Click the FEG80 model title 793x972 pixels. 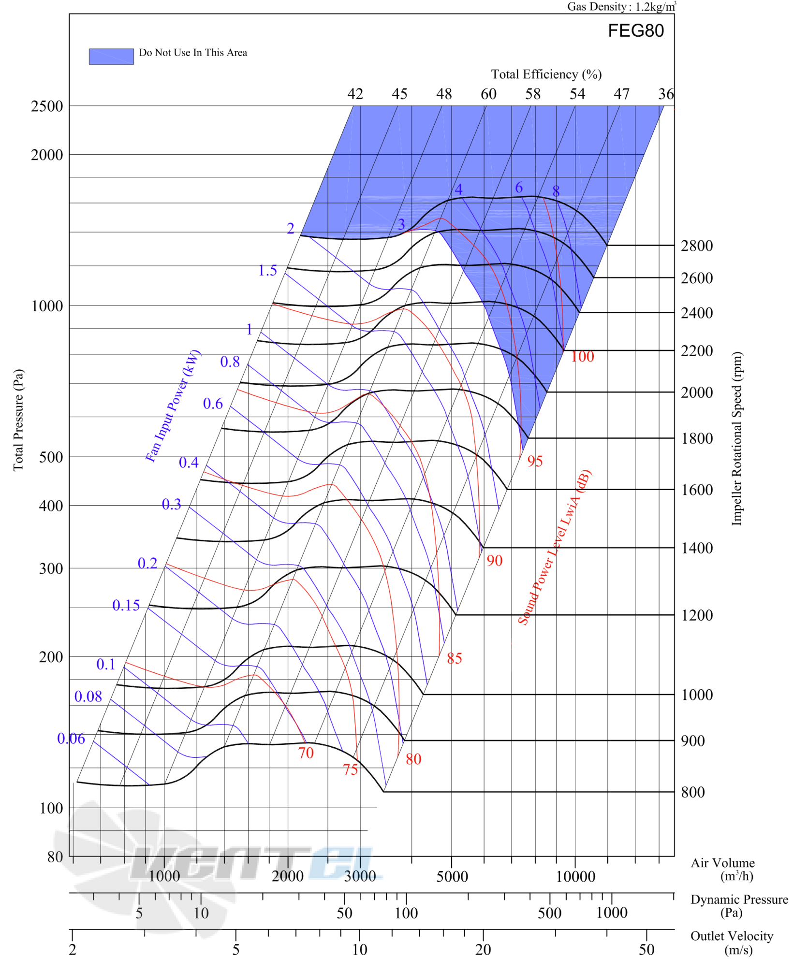click(635, 30)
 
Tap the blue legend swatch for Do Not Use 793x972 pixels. click(111, 56)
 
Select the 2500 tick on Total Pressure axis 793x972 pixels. click(47, 106)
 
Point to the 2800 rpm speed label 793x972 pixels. click(697, 246)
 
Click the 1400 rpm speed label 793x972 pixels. click(697, 548)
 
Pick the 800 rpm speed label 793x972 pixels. click(693, 792)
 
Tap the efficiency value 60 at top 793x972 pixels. click(488, 94)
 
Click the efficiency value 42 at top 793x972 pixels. click(355, 94)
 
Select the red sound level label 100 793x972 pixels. click(582, 357)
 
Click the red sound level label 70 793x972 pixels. click(306, 753)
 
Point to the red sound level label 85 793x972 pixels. click(455, 658)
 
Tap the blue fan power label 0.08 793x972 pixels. click(88, 696)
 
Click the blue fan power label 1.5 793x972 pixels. click(267, 270)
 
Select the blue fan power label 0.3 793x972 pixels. click(171, 504)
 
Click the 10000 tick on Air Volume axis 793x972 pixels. click(575, 876)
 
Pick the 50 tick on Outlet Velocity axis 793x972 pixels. click(646, 950)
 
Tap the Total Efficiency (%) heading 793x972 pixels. click(546, 74)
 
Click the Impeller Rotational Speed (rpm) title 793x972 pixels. click(736, 438)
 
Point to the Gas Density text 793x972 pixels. click(622, 6)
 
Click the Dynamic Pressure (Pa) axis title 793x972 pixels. click(739, 906)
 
